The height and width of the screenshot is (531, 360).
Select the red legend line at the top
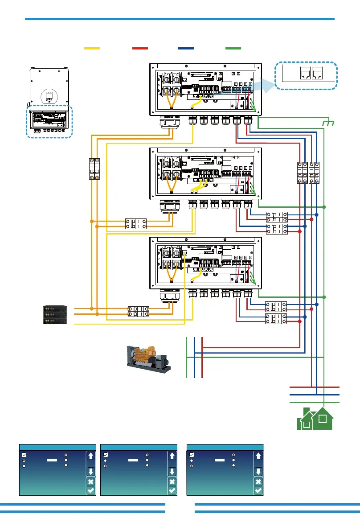point(140,48)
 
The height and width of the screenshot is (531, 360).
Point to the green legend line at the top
point(233,48)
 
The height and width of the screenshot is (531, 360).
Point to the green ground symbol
point(329,122)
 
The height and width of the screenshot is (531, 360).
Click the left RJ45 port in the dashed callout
point(307,73)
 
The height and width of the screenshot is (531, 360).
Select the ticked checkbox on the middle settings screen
point(106,454)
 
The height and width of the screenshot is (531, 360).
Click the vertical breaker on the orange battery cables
point(94,169)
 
